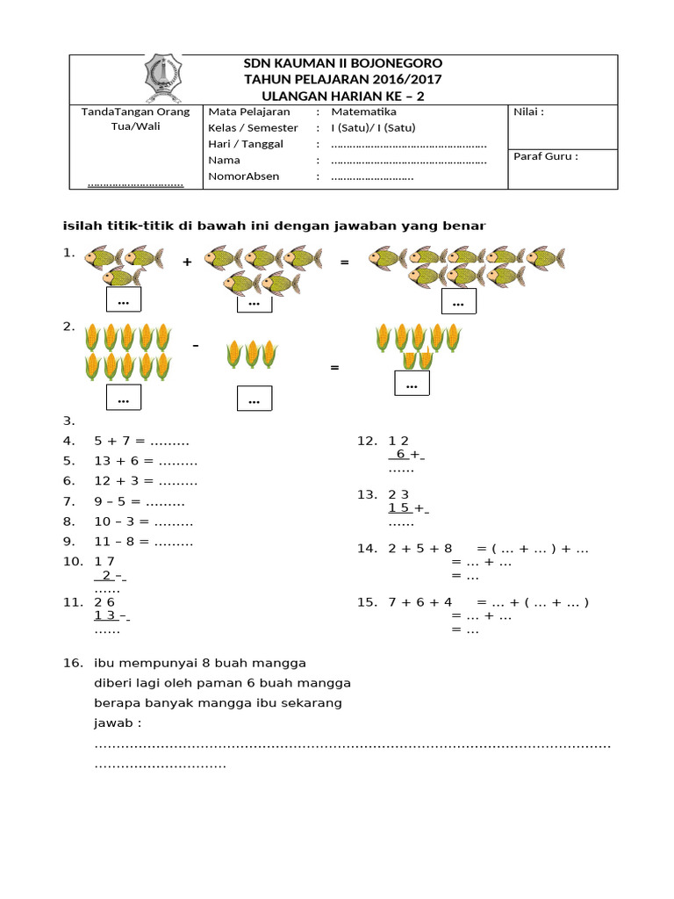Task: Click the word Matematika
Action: tap(363, 112)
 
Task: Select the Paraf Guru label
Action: tap(546, 157)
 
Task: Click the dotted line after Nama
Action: tap(409, 161)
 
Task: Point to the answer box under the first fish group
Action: tap(123, 300)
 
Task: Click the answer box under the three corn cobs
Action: tap(255, 399)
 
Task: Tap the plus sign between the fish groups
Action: tap(187, 262)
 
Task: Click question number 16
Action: tap(72, 662)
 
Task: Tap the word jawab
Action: tap(117, 723)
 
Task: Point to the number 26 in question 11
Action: tap(104, 602)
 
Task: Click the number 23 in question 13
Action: tap(398, 495)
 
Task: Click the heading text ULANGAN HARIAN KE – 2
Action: tap(342, 95)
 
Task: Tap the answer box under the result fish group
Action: tap(457, 301)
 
